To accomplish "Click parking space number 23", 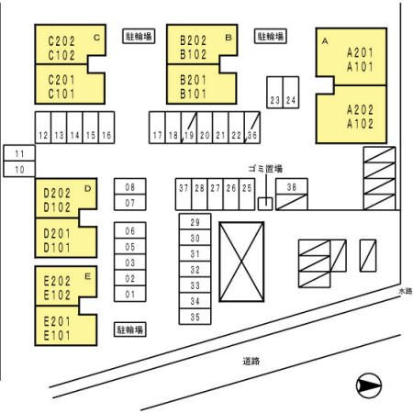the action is coord(274,93).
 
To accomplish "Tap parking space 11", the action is coord(19,153).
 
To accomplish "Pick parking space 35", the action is coord(195,317).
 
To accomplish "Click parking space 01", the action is coord(130,294).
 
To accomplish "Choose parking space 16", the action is coord(106,128).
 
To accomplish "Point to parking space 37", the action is coord(184,195).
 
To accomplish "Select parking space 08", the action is coord(130,186).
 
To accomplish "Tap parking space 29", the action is coord(195,221).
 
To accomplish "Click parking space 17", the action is coord(157,128).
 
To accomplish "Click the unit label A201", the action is coord(360,52).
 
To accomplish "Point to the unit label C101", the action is coord(61,94).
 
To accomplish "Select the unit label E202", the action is coord(57,281).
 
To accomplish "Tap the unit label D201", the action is coord(57,234).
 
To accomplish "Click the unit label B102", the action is coord(194,54).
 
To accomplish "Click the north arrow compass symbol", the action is coord(369,385).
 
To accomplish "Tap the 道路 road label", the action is coord(251,362).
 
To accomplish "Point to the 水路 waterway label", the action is coord(406,291).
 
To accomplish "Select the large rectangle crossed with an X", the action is coord(241,262).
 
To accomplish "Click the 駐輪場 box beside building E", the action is coord(130,329).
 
